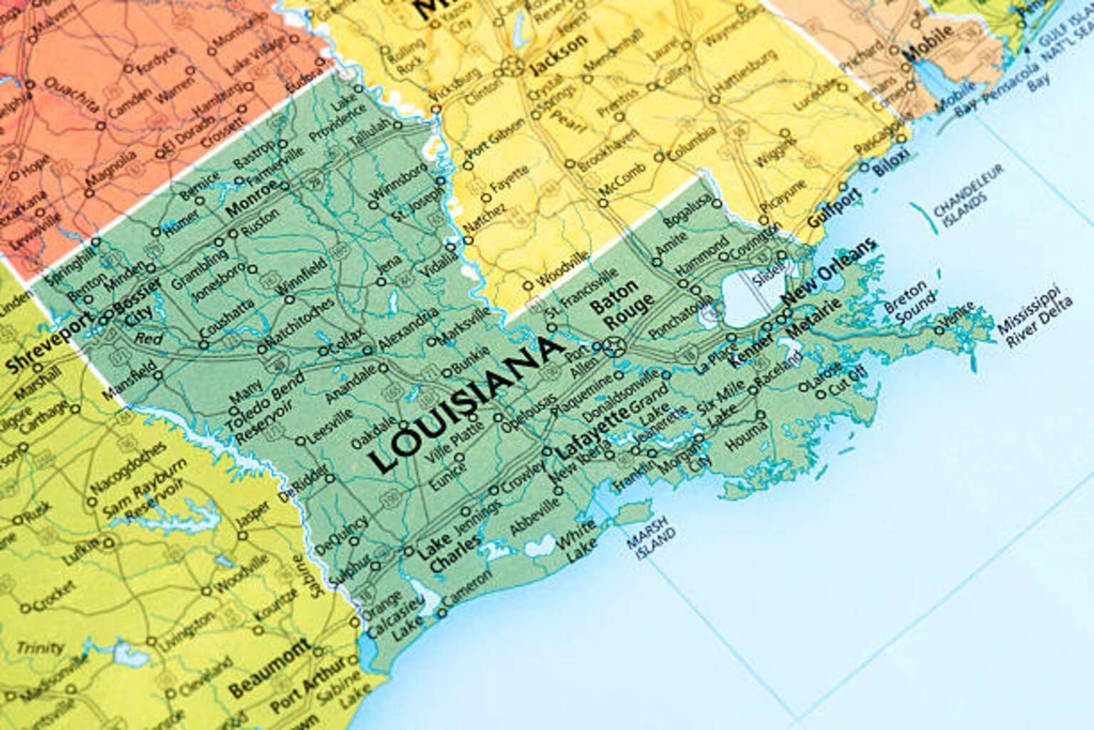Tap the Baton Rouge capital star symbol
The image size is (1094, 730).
pos(613,347)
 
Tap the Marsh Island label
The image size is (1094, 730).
pos(651,537)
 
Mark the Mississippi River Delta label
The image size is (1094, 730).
pos(1033,317)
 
